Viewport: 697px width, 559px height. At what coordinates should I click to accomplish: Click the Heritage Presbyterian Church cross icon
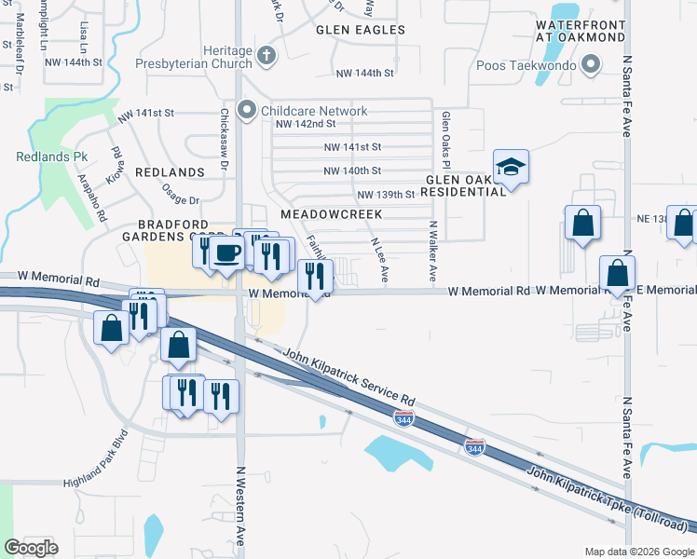pyautogui.click(x=266, y=55)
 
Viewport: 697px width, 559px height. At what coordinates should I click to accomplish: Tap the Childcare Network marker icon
pyautogui.click(x=247, y=111)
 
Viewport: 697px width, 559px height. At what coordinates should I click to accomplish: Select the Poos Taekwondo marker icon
pyautogui.click(x=590, y=64)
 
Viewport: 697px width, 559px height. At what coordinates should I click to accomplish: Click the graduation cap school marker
pyautogui.click(x=511, y=169)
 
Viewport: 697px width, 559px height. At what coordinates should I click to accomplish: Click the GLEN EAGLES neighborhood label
pyautogui.click(x=361, y=30)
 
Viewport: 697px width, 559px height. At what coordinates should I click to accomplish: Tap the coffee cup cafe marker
pyautogui.click(x=226, y=252)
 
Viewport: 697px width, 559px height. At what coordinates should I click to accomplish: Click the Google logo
pyautogui.click(x=32, y=547)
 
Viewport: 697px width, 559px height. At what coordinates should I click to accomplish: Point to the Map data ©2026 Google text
pyautogui.click(x=638, y=552)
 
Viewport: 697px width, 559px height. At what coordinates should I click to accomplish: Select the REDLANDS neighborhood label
pyautogui.click(x=170, y=173)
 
